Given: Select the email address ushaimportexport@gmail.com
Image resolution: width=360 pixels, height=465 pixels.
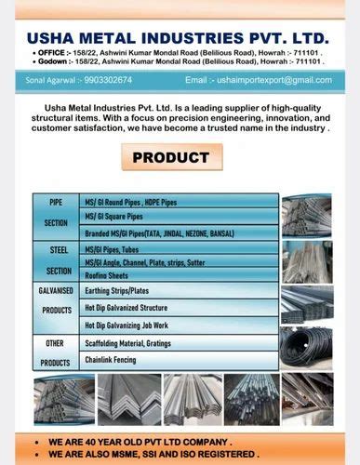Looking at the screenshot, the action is (x=272, y=81).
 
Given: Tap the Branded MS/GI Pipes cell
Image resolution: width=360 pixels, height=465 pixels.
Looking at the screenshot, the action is (x=159, y=232).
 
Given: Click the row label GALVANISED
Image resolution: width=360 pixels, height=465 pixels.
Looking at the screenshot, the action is (x=57, y=291).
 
